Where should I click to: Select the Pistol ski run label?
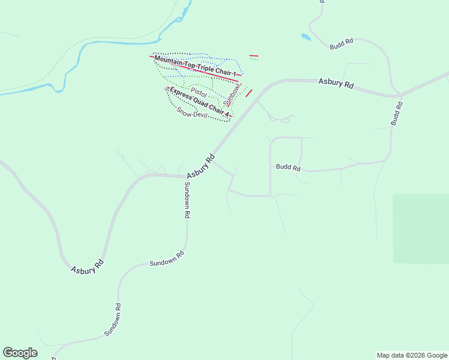coord(199,94)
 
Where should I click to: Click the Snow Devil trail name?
coord(191,112)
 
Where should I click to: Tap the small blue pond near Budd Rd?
coord(306,37)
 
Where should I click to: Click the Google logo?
coord(20,353)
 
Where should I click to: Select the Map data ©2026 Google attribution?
coord(412,355)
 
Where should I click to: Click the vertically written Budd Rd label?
coord(396,113)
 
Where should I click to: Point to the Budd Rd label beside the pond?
coord(341,43)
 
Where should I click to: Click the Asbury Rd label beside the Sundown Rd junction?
coord(201,167)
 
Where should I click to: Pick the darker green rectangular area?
coord(420,229)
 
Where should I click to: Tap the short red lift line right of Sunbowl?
coord(249,93)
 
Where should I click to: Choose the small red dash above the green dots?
coord(254,55)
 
